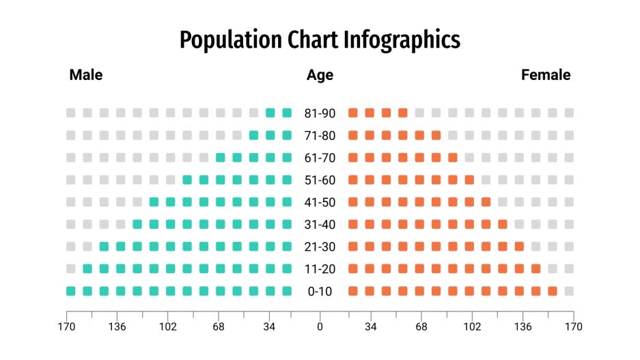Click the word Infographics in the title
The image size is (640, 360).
pyautogui.click(x=403, y=40)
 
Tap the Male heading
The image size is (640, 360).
pyautogui.click(x=86, y=75)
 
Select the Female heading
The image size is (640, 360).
pyautogui.click(x=546, y=75)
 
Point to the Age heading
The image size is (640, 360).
pyautogui.click(x=320, y=75)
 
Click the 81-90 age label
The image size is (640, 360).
pyautogui.click(x=320, y=113)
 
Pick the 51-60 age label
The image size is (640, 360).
pyautogui.click(x=320, y=180)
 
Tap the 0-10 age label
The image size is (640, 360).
pyautogui.click(x=320, y=292)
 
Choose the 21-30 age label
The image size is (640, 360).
pyautogui.click(x=320, y=247)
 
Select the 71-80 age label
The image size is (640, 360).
pyautogui.click(x=320, y=135)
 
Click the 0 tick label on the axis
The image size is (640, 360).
pyautogui.click(x=320, y=327)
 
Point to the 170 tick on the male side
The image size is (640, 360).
pyautogui.click(x=66, y=327)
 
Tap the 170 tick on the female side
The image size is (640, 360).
pyautogui.click(x=574, y=327)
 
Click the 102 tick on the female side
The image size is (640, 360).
pyautogui.click(x=472, y=327)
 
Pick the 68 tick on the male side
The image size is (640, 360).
pyautogui.click(x=219, y=327)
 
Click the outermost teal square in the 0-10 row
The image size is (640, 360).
pyautogui.click(x=71, y=292)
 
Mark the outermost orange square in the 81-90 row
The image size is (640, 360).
pyautogui.click(x=403, y=113)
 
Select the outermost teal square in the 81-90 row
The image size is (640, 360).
pyautogui.click(x=270, y=113)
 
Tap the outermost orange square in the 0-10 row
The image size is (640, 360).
pyautogui.click(x=553, y=292)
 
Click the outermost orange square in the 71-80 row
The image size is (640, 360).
pyautogui.click(x=436, y=135)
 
